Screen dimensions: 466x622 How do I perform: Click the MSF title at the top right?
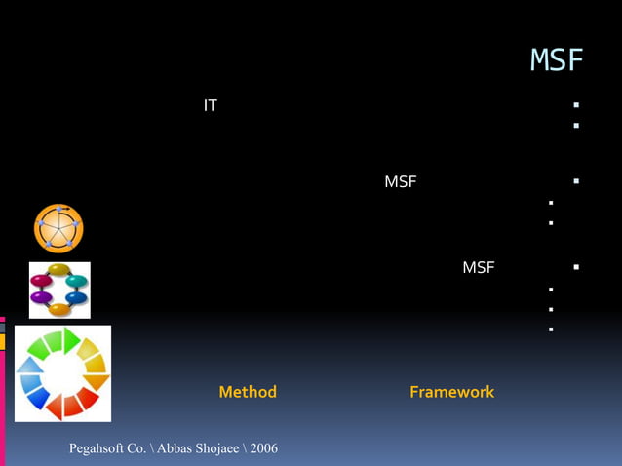point(556,60)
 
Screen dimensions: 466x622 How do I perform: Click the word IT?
point(210,105)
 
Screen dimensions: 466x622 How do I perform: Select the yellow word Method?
point(248,392)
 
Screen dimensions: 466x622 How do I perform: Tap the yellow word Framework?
point(451,392)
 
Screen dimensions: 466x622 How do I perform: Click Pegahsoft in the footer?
point(101,448)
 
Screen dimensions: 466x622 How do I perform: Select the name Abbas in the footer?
point(171,448)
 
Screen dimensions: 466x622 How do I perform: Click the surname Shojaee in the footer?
point(214,448)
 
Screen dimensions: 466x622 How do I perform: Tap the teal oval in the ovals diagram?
point(76,282)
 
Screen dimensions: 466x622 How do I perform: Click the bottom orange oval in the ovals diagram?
point(59,309)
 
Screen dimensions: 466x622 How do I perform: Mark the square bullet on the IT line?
point(577,105)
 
